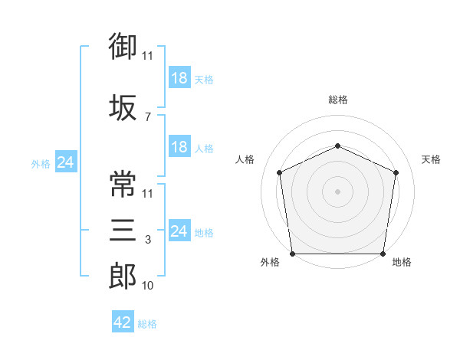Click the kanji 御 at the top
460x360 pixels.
123,47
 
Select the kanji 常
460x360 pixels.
123,184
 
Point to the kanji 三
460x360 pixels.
123,231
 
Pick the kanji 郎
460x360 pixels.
123,276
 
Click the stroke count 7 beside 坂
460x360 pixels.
148,116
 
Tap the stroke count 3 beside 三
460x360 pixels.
148,241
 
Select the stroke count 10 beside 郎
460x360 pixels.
148,286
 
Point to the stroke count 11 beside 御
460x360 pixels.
148,56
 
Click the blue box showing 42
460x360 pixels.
123,322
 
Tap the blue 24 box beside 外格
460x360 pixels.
65,162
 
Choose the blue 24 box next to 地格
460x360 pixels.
179,231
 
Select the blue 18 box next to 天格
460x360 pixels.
179,79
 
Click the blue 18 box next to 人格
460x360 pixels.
179,148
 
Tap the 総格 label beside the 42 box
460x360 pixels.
147,324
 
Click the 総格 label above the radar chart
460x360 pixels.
337,100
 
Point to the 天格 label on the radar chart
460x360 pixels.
431,159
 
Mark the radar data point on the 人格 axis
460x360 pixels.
280,172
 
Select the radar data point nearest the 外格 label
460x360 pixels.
293,254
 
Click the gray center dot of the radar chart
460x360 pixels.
337,191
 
